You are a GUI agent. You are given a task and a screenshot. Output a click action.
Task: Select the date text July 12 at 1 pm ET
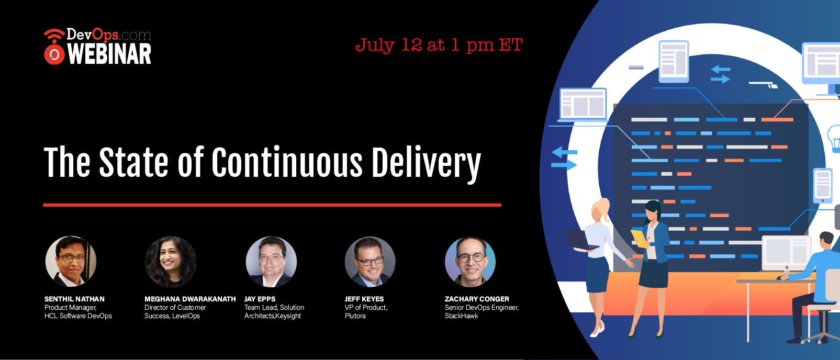tap(439, 46)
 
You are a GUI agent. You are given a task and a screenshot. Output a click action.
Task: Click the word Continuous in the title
tap(287, 162)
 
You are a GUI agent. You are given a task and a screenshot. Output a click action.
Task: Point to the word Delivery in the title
tap(427, 164)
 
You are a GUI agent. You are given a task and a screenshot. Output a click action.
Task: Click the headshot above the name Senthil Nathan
tap(71, 261)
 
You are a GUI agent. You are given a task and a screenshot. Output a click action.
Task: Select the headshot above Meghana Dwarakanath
tap(171, 262)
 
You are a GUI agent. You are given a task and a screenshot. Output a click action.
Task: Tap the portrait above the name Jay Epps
tap(271, 262)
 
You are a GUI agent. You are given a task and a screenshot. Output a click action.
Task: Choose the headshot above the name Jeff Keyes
tap(370, 262)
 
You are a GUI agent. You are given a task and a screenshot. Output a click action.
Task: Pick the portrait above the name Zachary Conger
tap(471, 262)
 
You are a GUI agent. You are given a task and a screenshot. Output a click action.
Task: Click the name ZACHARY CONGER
tap(477, 299)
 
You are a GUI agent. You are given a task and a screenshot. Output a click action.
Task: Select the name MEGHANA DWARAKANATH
tap(190, 299)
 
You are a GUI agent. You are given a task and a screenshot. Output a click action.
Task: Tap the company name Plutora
tap(355, 316)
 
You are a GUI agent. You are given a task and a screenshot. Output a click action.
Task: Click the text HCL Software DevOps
tap(78, 316)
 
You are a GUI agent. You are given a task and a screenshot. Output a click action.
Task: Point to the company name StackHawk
tap(461, 316)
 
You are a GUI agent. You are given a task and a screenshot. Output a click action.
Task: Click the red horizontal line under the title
tap(272, 205)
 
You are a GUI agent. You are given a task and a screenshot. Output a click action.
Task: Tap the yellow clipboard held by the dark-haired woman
tap(640, 239)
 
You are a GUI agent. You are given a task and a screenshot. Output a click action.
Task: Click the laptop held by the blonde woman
tap(581, 240)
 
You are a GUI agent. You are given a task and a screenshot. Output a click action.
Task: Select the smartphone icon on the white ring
tap(823, 186)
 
